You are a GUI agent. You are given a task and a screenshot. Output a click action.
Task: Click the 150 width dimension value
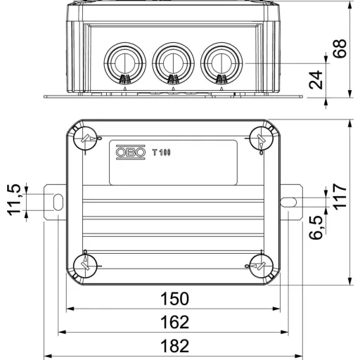coord(174,299)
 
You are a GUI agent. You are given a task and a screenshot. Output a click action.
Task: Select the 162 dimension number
coord(174,322)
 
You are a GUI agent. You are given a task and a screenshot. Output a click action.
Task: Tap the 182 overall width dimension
coord(174,346)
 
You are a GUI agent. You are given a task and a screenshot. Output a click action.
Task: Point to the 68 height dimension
coord(340,49)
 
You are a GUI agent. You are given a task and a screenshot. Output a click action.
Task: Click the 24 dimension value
coord(316,79)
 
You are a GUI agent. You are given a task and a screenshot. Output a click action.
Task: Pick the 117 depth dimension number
coord(340,196)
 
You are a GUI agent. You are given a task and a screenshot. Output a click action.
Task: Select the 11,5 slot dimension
coord(14,200)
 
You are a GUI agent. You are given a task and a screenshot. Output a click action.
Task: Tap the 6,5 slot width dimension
coord(316,227)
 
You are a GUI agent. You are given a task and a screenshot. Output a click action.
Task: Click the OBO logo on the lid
coord(131,153)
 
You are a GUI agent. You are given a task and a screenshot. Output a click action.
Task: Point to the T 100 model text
coord(162,153)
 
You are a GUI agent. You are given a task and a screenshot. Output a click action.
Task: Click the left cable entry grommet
coord(125,63)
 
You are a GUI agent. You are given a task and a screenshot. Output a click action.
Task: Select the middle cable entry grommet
coord(173,63)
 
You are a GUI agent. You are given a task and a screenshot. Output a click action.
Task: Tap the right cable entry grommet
coord(221,63)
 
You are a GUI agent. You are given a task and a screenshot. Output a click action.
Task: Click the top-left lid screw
coord(85,139)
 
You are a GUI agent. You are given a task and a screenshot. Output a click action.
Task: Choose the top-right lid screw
coord(262,139)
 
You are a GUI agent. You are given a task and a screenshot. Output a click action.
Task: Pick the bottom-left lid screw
coord(85,266)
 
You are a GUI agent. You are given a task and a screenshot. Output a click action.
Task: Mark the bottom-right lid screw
coord(262,266)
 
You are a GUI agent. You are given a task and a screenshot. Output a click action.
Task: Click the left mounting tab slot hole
coord(58,202)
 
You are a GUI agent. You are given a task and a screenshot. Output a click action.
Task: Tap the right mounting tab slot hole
coord(288,202)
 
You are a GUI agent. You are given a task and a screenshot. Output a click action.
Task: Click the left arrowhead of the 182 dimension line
coord(48,356)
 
